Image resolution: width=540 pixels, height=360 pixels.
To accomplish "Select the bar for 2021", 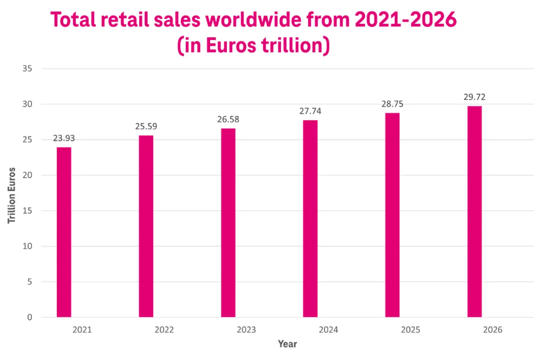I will pyautogui.click(x=64, y=232).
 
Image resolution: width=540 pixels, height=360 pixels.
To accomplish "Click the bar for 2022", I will pyautogui.click(x=146, y=226).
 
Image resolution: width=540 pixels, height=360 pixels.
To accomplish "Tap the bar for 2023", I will pyautogui.click(x=228, y=223).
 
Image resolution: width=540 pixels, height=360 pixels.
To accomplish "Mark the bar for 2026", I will pyautogui.click(x=474, y=211).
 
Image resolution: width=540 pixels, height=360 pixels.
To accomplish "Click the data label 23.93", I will pyautogui.click(x=64, y=138).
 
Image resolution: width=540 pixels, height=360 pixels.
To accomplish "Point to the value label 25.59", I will pyautogui.click(x=146, y=126).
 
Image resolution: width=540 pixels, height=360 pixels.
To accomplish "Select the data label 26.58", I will pyautogui.click(x=228, y=119).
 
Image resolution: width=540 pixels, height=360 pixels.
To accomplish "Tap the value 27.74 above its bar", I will pyautogui.click(x=310, y=111).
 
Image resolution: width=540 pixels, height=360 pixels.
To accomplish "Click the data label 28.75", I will pyautogui.click(x=392, y=104).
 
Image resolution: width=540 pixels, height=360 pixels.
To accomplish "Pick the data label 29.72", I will pyautogui.click(x=474, y=97).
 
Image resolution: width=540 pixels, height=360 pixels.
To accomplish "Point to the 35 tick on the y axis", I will pyautogui.click(x=27, y=69).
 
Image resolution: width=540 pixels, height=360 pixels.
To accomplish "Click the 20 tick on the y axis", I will pyautogui.click(x=27, y=175).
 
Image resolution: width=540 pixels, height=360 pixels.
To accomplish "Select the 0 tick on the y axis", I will pyautogui.click(x=30, y=317).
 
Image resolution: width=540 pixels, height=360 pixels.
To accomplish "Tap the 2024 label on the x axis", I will pyautogui.click(x=328, y=330).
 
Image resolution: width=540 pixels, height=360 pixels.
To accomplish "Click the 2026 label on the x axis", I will pyautogui.click(x=492, y=330).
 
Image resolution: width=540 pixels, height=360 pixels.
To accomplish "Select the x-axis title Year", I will pyautogui.click(x=287, y=344).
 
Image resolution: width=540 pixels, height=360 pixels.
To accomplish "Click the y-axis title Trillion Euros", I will pyautogui.click(x=12, y=195).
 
